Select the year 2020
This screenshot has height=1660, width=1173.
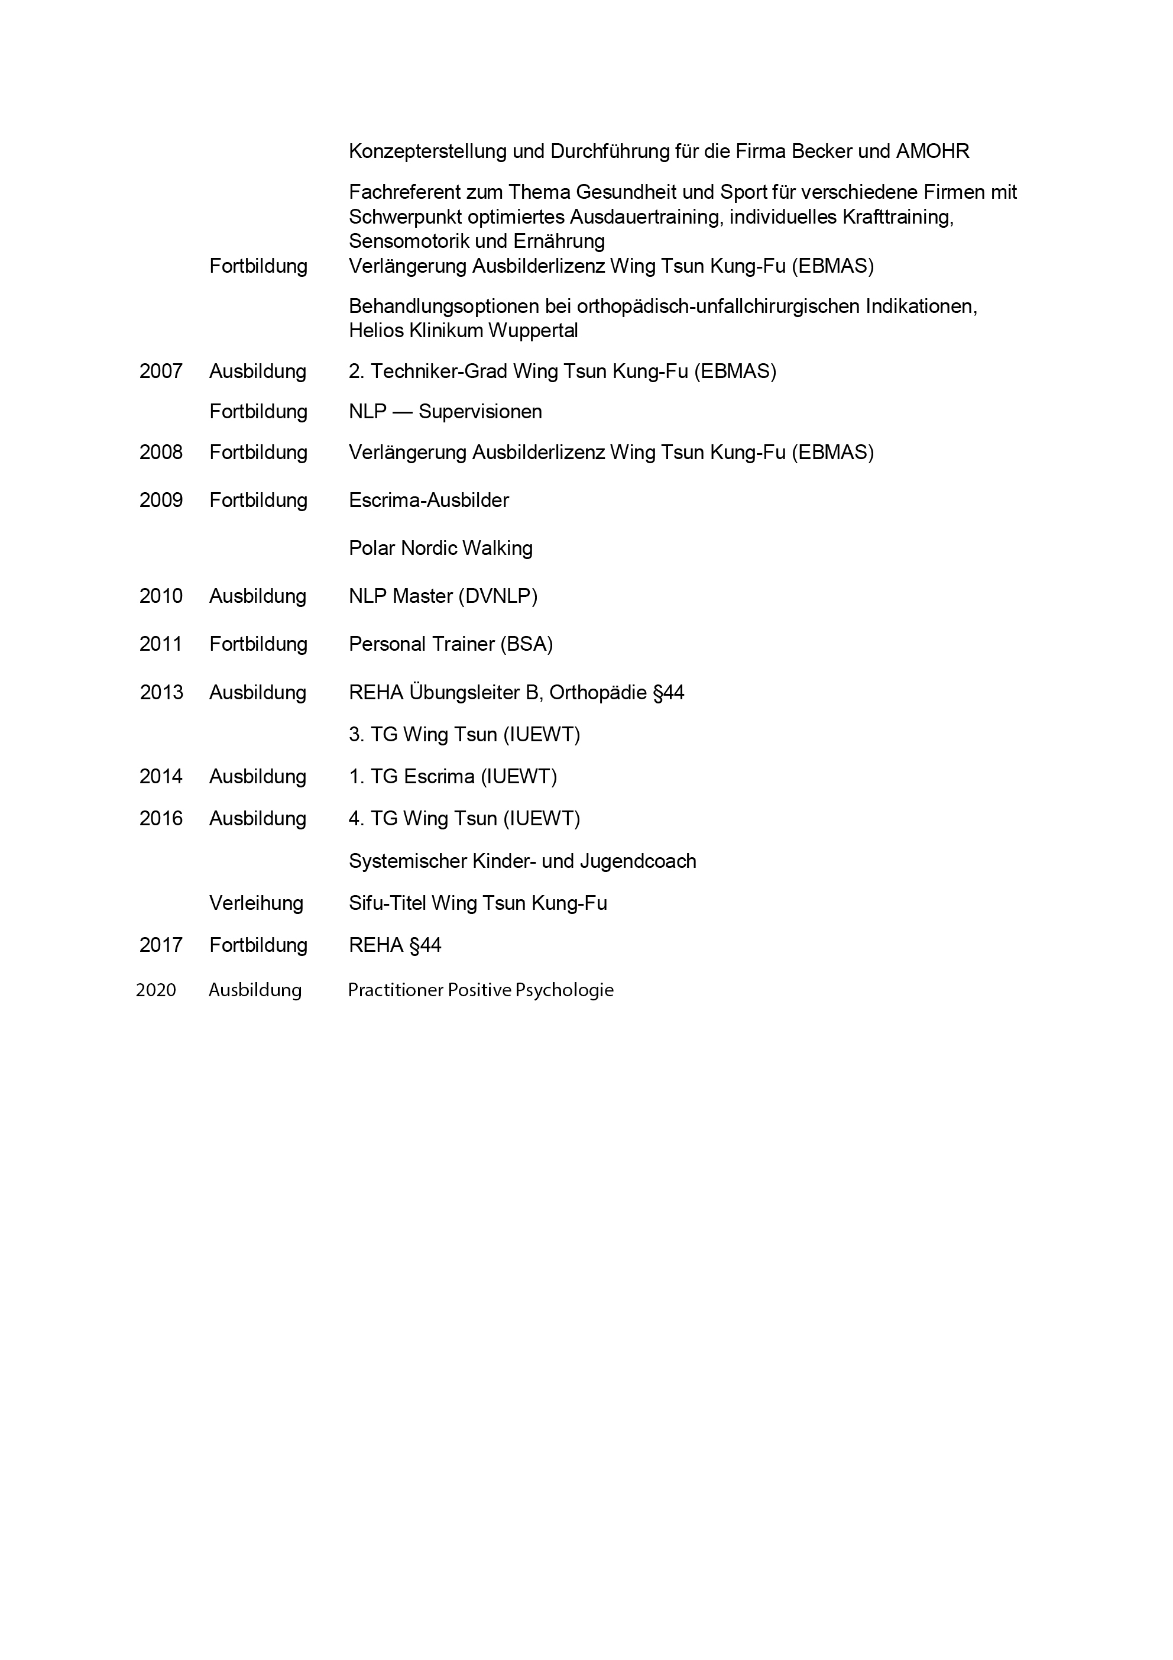[x=155, y=990]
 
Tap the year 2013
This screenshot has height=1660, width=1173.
[x=161, y=693]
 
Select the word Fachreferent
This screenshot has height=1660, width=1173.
[x=410, y=192]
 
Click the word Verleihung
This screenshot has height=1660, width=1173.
[x=256, y=903]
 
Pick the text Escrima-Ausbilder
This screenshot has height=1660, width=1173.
[x=429, y=500]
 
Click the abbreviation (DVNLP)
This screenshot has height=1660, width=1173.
[x=498, y=596]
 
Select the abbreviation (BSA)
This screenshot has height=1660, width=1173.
[x=526, y=644]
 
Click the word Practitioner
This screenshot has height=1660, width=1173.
[x=396, y=990]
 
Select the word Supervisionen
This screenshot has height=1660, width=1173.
[x=480, y=412]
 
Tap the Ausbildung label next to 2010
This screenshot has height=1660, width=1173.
[x=257, y=596]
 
